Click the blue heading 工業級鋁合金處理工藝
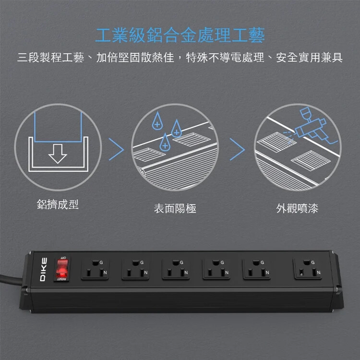180,35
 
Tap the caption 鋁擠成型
58,204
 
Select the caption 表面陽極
175,208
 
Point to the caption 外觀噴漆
297,208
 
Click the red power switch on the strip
61,269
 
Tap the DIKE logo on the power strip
44,269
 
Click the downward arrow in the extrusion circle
58,154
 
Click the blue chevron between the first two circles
116,149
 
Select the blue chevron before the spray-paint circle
237,149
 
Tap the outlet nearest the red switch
95,269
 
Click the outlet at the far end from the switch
308,269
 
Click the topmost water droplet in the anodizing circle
157,121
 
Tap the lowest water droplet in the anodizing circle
165,143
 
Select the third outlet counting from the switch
176,269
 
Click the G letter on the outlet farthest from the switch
312,263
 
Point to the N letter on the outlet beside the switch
105,273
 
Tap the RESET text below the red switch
61,279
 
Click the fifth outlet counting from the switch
256,269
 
